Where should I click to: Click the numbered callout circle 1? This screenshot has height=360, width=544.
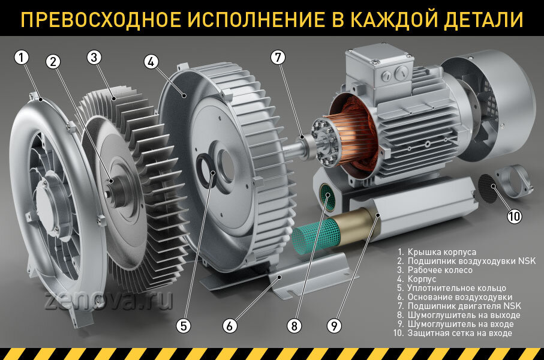coord(22,58)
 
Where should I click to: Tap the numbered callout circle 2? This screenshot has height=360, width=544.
coord(54,62)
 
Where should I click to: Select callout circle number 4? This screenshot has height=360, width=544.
coord(151,62)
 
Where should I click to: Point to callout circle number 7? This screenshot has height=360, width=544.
coord(276,58)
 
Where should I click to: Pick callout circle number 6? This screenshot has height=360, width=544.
coord(230,326)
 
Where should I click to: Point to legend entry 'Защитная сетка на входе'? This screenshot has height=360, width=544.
coord(458,333)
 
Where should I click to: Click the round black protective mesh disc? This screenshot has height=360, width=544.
coord(488,188)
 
